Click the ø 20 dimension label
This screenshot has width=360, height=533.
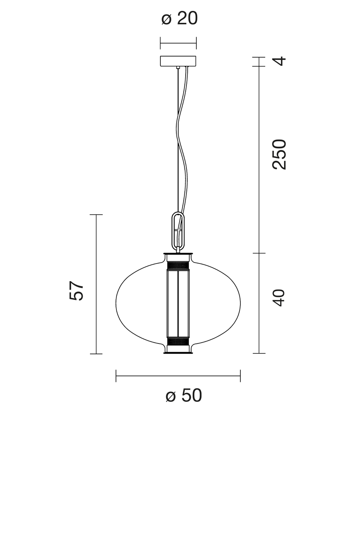[x=180, y=18]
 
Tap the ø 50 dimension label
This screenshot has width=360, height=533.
[x=184, y=395]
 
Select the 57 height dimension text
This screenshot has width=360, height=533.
[x=76, y=291]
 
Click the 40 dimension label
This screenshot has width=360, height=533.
[x=278, y=297]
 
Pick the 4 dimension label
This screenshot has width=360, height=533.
[x=279, y=61]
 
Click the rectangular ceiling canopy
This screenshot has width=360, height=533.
[x=178, y=61]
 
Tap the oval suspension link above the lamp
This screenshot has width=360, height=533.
[x=178, y=231]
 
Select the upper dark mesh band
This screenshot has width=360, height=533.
[x=178, y=266]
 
